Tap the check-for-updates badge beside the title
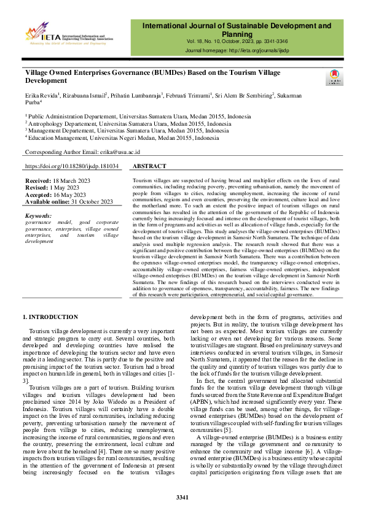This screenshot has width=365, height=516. tap(335, 77)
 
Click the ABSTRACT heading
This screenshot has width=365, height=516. tap(149, 166)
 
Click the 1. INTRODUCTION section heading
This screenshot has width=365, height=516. tap(50, 317)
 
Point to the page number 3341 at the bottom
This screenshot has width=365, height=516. tap(182, 496)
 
